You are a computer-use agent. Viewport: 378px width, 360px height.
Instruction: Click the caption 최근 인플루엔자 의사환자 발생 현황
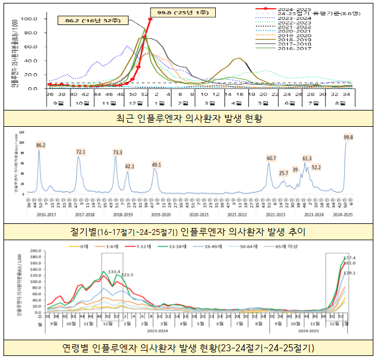click(x=188, y=119)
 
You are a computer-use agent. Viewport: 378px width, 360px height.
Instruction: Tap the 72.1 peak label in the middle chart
click(x=80, y=152)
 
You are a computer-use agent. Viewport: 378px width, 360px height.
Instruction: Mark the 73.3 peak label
click(x=117, y=152)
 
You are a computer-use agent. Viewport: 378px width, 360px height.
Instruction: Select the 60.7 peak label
click(x=271, y=158)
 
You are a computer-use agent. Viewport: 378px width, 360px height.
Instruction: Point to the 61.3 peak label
click(x=306, y=158)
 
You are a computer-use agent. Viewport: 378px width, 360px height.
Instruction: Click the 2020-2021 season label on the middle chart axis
click(x=199, y=214)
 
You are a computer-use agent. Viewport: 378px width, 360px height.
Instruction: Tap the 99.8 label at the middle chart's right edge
click(x=348, y=137)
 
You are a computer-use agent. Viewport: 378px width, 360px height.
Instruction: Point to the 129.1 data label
click(x=350, y=273)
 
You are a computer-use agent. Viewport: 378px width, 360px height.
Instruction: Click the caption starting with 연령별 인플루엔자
click(x=188, y=348)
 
